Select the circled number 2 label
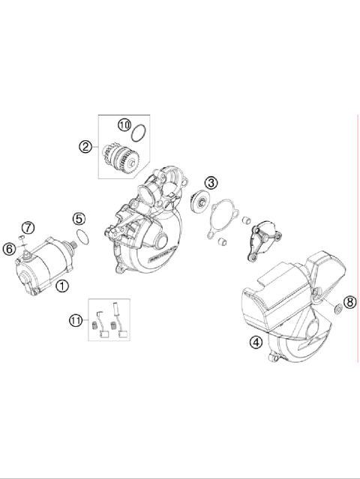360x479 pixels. [85, 147]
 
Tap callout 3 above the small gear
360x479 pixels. [212, 182]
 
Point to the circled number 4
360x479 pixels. [256, 343]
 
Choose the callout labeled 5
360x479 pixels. [79, 219]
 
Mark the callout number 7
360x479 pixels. [27, 227]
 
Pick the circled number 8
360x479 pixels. [349, 302]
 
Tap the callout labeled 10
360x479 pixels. [124, 125]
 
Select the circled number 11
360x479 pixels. [76, 320]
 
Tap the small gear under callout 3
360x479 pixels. [201, 202]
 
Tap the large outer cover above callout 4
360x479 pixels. [289, 300]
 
